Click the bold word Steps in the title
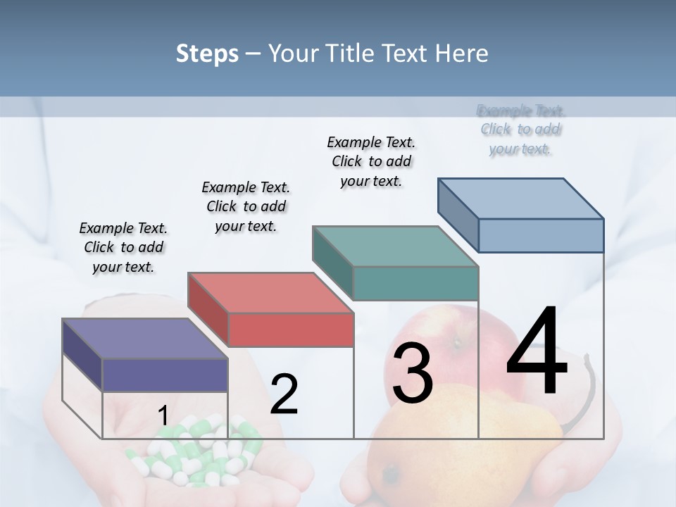(207, 54)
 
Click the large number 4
(537, 352)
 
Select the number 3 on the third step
(412, 374)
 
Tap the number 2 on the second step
(284, 394)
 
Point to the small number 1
(163, 416)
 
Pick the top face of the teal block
(395, 246)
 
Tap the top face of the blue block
(520, 199)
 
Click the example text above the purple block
(123, 247)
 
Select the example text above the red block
(246, 206)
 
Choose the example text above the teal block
(371, 161)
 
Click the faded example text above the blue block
(521, 130)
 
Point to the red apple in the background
(451, 338)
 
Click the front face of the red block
(291, 330)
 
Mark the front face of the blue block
(541, 235)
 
